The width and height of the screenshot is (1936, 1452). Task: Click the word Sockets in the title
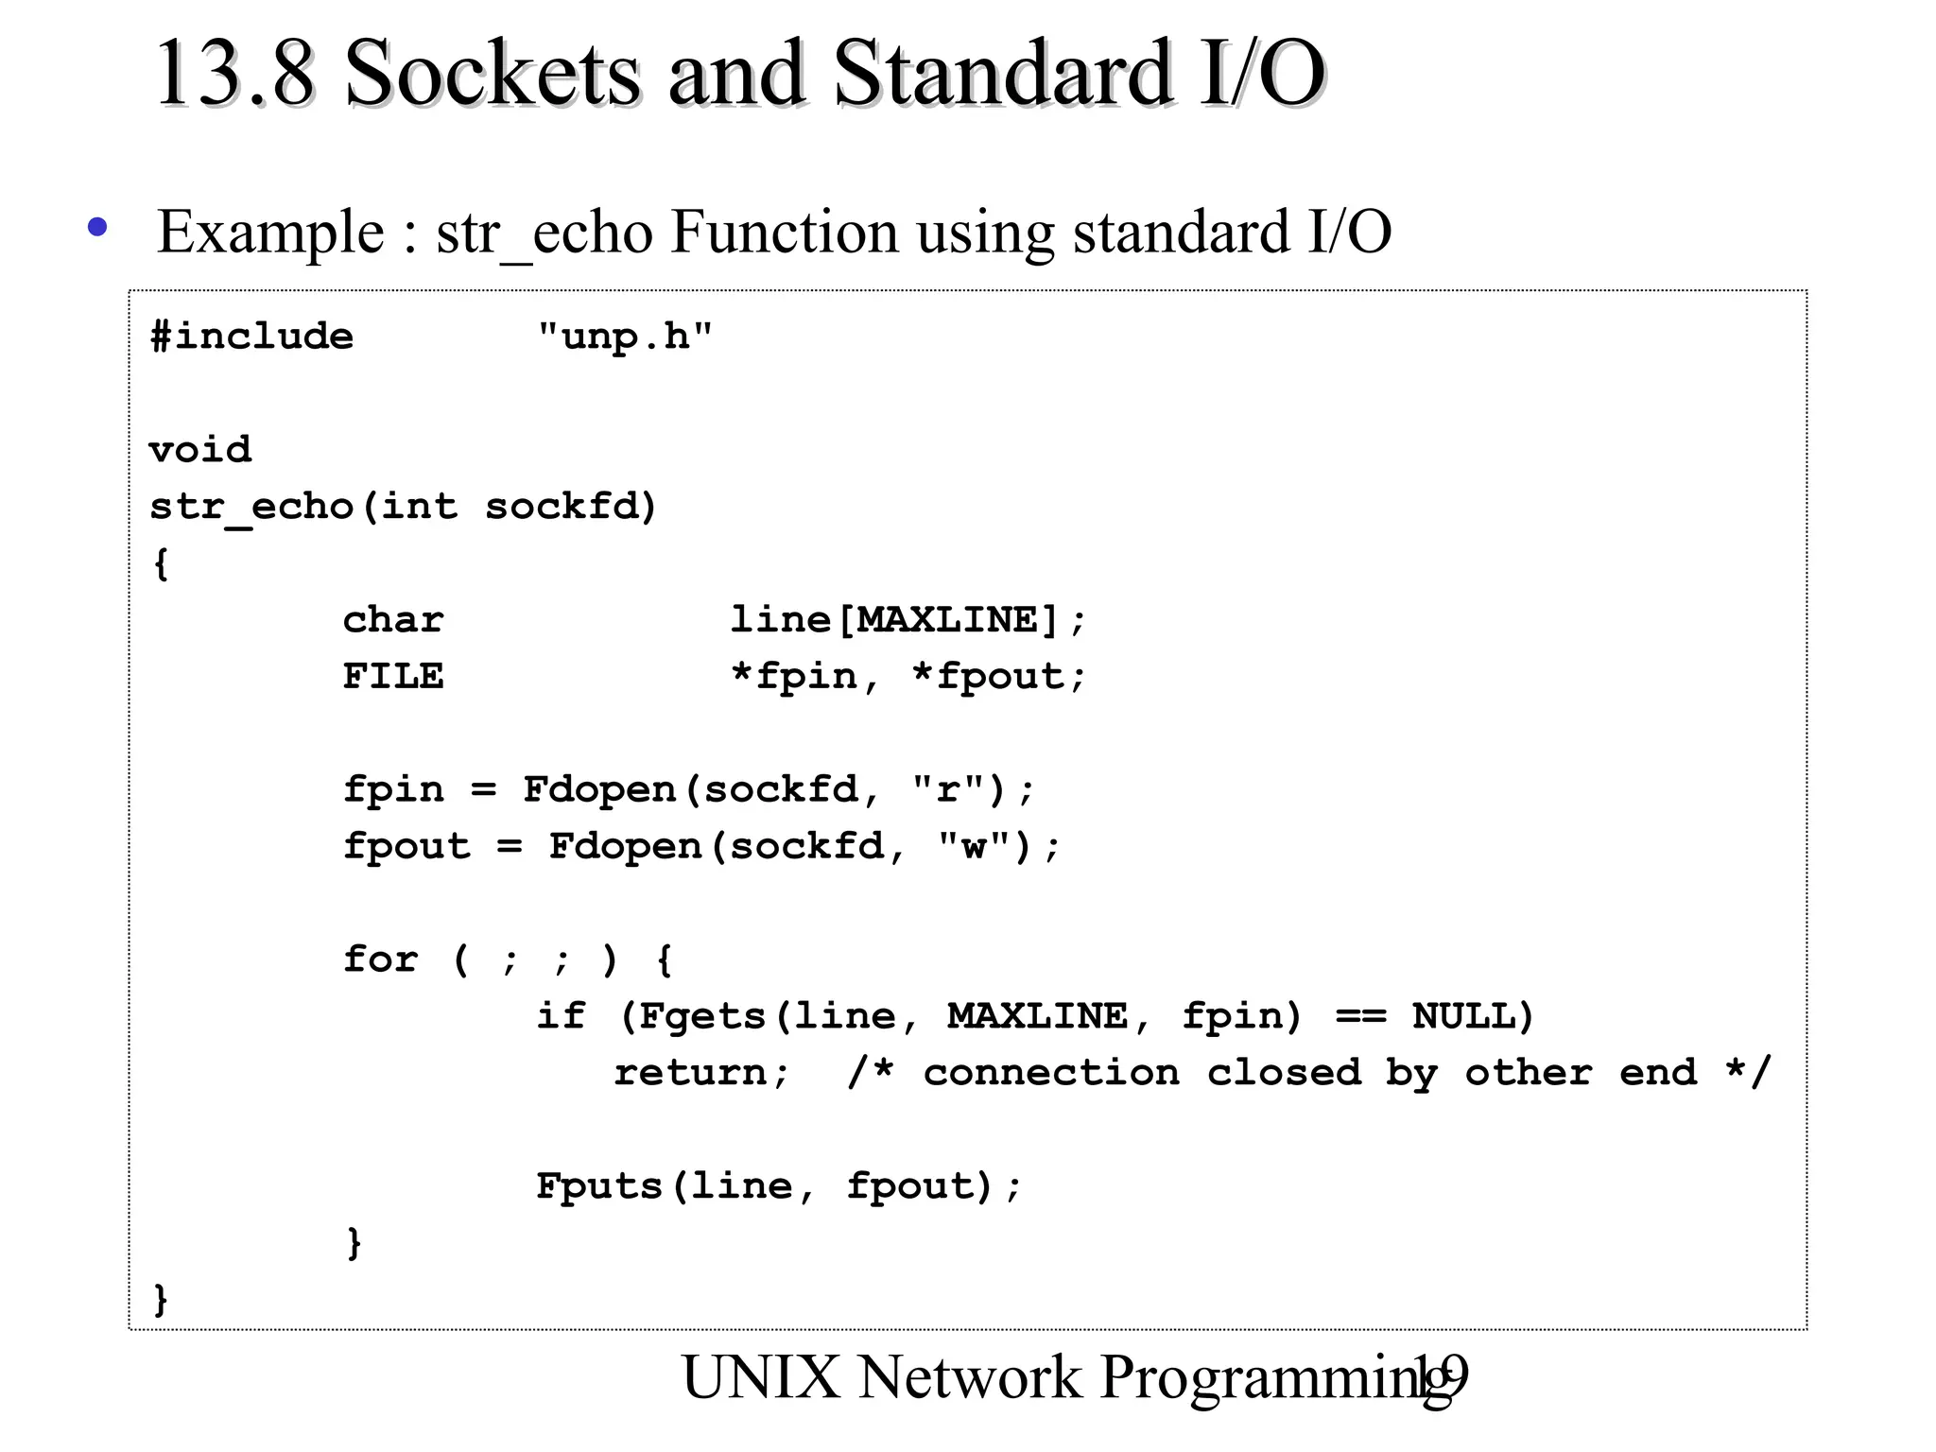(x=492, y=74)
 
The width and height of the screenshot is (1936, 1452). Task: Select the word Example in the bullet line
(x=270, y=233)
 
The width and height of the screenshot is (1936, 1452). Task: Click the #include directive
(x=251, y=337)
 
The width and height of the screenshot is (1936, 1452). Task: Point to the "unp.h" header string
(x=625, y=337)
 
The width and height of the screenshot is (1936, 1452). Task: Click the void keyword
(x=200, y=450)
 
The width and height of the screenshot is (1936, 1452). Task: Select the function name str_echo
(x=251, y=507)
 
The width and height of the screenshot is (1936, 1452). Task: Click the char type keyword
(x=393, y=620)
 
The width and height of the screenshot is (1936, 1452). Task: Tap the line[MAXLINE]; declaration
(x=908, y=620)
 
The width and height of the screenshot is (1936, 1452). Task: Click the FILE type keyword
(x=393, y=677)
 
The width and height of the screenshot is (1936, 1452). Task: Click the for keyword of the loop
(x=380, y=959)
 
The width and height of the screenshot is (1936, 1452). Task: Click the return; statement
(x=701, y=1073)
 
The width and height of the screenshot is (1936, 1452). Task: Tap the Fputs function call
(x=599, y=1186)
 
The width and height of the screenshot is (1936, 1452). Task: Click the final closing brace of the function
(x=161, y=1299)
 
